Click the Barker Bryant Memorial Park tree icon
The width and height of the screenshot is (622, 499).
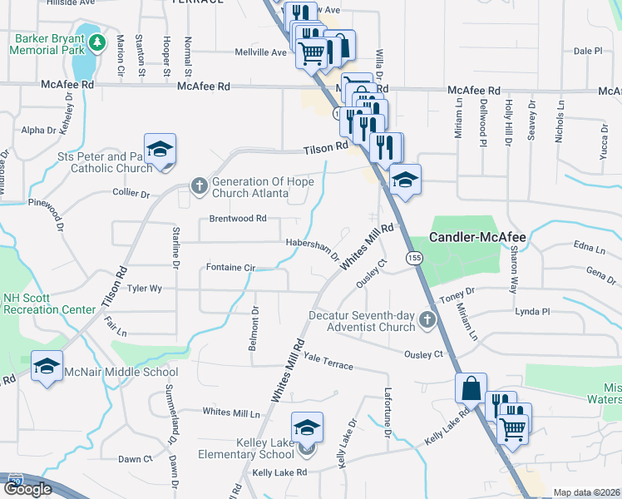97,42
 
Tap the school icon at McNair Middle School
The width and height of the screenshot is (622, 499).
47,366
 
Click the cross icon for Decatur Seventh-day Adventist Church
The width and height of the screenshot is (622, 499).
427,319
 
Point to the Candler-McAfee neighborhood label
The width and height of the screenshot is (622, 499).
477,238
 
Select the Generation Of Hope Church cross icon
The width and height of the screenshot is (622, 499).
199,185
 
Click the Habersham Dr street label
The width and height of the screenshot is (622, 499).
313,249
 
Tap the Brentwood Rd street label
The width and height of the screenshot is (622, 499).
238,219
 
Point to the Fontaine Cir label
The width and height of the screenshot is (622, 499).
230,268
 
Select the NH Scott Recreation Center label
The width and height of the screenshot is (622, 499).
49,304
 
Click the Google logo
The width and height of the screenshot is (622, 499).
29,488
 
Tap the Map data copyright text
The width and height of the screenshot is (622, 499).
586,492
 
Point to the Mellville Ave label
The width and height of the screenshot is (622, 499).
261,52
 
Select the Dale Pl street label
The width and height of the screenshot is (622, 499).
587,51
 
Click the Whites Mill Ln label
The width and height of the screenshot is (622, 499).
232,413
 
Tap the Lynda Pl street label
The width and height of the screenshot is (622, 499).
533,312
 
